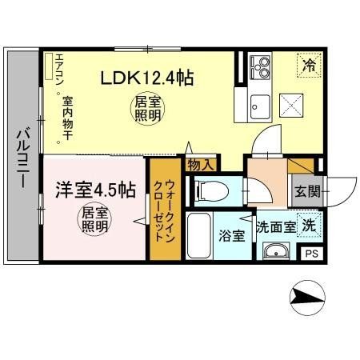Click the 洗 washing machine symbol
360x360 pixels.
pos(307,226)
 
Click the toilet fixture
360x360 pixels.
pos(207,191)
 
